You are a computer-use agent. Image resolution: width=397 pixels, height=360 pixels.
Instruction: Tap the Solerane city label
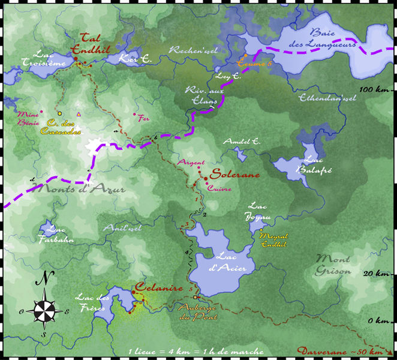click(x=235, y=175)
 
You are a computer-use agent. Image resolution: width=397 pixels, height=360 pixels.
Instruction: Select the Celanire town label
click(x=158, y=288)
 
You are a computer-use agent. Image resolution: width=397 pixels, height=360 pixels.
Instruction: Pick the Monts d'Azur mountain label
click(x=82, y=190)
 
